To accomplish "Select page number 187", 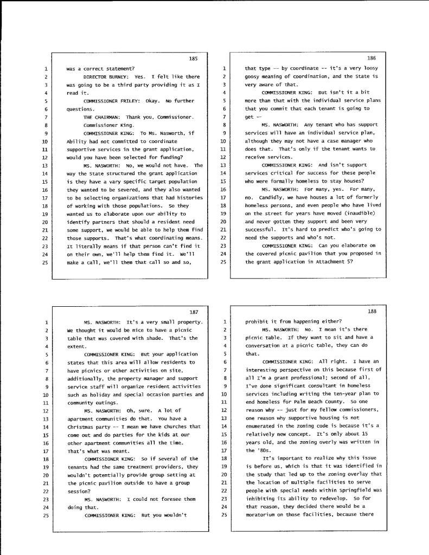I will pos(194,312).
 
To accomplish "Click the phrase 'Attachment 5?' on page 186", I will pos(337,262).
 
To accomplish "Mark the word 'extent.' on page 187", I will pos(76,345).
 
